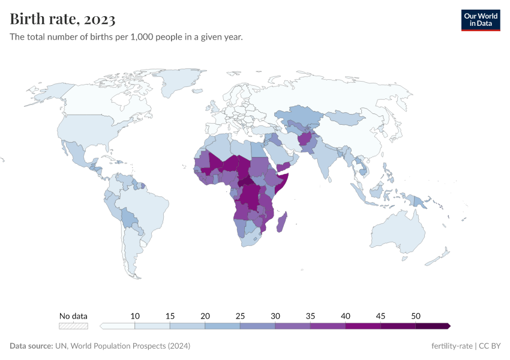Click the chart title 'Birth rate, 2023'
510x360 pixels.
click(x=62, y=20)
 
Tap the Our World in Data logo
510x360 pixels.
click(x=480, y=20)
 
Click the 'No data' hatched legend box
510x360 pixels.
click(x=73, y=326)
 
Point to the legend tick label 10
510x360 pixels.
click(x=135, y=316)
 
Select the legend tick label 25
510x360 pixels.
click(x=240, y=316)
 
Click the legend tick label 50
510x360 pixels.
click(x=415, y=316)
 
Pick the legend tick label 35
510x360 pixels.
click(x=310, y=316)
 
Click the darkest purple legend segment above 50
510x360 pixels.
click(x=432, y=326)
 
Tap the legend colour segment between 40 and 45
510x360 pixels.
click(x=363, y=326)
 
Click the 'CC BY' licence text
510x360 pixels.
click(x=492, y=346)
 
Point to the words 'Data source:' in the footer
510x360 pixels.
click(x=31, y=346)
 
